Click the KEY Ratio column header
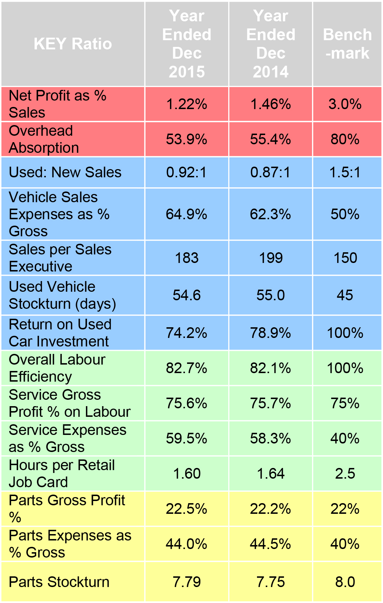pyautogui.click(x=73, y=44)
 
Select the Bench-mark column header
pyautogui.click(x=347, y=44)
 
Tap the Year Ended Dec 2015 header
pyautogui.click(x=187, y=44)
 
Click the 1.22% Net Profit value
pyautogui.click(x=187, y=104)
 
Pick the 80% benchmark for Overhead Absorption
pyautogui.click(x=345, y=139)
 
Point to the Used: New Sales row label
pyautogui.click(x=65, y=172)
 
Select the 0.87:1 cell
pyautogui.click(x=270, y=172)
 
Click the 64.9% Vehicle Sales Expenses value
pyautogui.click(x=187, y=214)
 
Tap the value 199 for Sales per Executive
pyautogui.click(x=270, y=258)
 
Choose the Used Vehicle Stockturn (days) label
pyautogui.click(x=62, y=295)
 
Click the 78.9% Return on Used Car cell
pyautogui.click(x=270, y=333)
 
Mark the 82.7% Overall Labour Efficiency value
pyautogui.click(x=187, y=368)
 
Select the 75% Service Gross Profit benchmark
pyautogui.click(x=345, y=403)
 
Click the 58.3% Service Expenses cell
pyautogui.click(x=270, y=438)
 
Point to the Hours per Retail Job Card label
pyautogui.click(x=62, y=474)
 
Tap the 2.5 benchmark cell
pyautogui.click(x=345, y=474)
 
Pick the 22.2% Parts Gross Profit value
pyautogui.click(x=270, y=509)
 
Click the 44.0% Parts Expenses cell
pyautogui.click(x=187, y=544)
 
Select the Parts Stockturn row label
pyautogui.click(x=59, y=582)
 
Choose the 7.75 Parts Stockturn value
pyautogui.click(x=270, y=582)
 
